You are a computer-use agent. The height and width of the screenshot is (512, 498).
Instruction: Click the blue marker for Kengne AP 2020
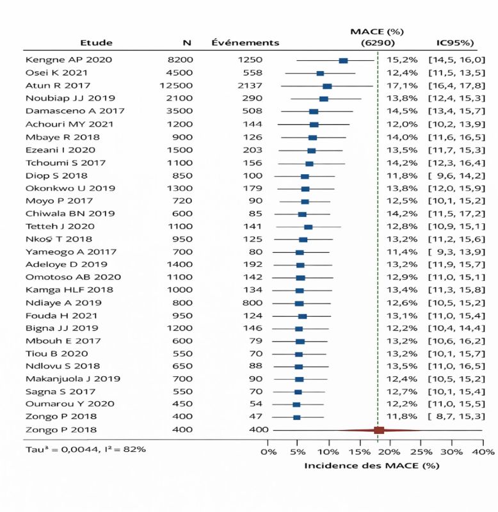343,60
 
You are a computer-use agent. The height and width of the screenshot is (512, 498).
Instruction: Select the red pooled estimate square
379,430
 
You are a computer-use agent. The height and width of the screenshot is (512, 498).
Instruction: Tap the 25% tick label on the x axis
421,452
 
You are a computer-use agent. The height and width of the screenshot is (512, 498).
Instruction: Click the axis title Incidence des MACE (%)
372,465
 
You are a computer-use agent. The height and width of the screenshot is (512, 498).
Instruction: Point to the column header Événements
245,42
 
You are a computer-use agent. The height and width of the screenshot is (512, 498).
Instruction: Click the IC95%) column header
455,42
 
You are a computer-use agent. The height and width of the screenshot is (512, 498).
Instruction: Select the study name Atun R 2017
58,86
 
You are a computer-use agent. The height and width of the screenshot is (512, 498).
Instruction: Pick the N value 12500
176,86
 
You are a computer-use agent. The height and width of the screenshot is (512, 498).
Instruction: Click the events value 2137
250,86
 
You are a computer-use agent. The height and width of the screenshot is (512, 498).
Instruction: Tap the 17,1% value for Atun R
402,86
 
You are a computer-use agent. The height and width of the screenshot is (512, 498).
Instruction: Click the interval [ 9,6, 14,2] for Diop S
457,175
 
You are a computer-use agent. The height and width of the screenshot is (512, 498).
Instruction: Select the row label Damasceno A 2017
75,111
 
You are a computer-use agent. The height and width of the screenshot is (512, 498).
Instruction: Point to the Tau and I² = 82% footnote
86,449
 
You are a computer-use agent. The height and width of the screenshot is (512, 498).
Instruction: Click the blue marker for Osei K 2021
320,74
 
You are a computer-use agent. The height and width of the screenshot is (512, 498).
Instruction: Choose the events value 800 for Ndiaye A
252,303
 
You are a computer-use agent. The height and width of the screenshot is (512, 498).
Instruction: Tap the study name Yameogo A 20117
71,252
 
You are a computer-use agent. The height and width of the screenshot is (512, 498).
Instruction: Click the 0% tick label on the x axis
268,452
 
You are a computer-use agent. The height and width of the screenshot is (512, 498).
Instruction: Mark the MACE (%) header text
377,31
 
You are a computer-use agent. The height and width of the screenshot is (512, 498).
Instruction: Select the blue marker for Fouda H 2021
302,316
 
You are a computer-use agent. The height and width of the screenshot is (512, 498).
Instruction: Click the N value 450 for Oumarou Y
182,404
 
